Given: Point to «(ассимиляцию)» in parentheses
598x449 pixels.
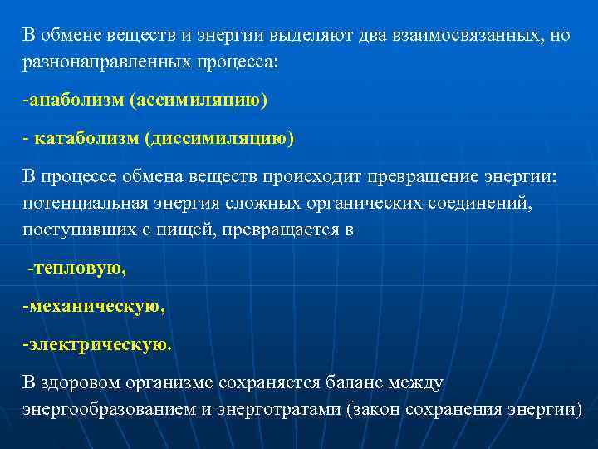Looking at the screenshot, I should pos(197,100).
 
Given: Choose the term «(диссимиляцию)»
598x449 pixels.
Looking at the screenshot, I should pos(220,138).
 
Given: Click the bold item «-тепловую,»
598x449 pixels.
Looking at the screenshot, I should pos(77,268).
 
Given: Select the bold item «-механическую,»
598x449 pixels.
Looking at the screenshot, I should pos(94,306).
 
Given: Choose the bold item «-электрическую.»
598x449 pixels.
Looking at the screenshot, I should pos(97,344).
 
